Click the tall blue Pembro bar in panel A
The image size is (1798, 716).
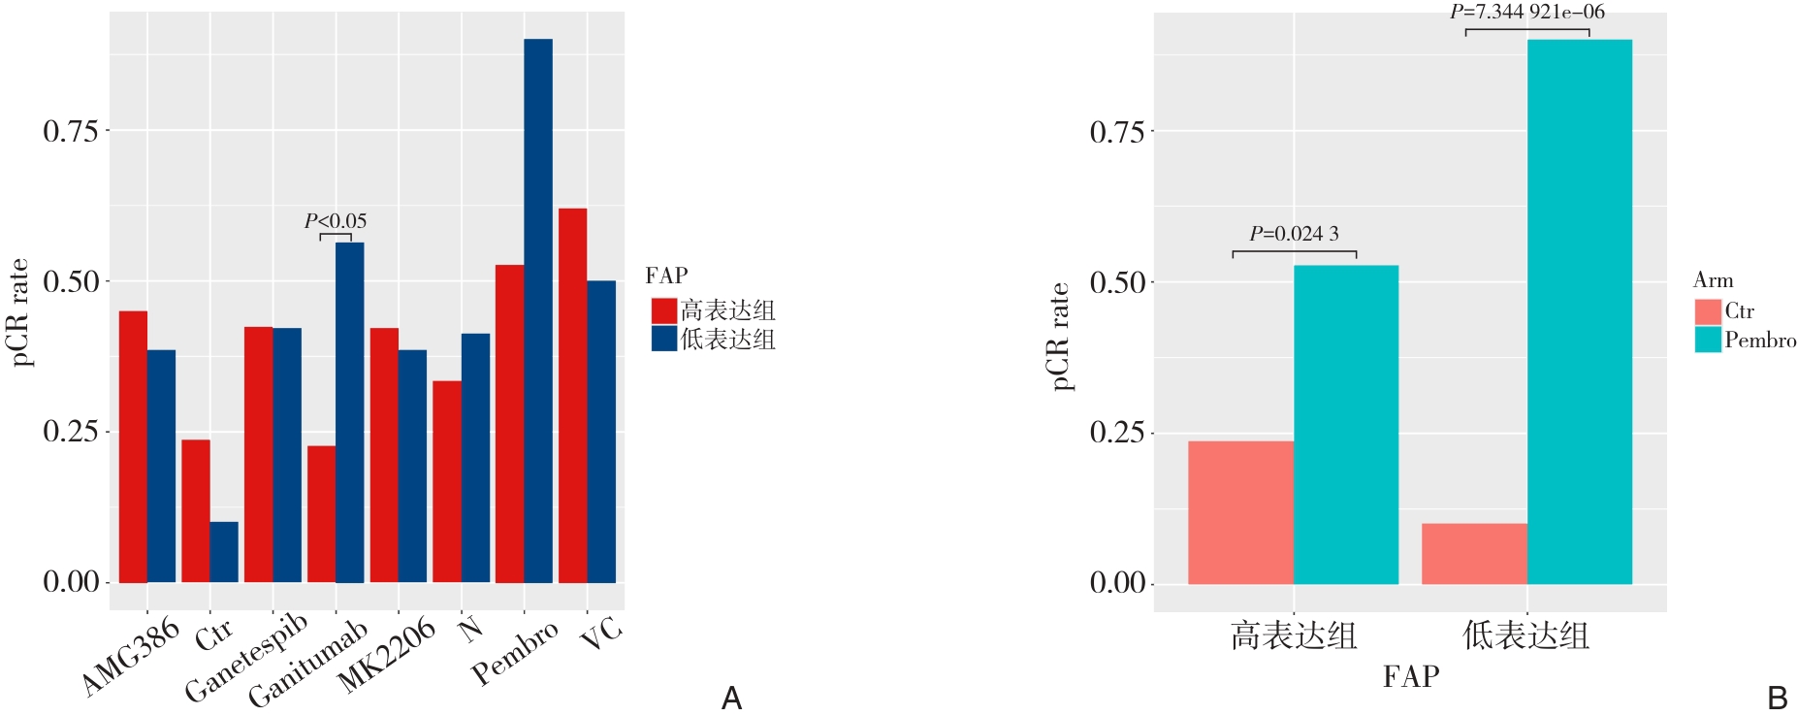tap(538, 310)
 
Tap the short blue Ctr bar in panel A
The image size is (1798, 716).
tap(224, 552)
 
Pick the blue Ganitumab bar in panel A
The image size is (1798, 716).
tap(350, 412)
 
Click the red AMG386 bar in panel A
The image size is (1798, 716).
tap(133, 446)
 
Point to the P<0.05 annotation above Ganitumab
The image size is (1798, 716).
tap(336, 221)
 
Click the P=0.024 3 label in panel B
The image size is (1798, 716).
tap(1294, 234)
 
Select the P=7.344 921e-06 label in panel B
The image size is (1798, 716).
tap(1527, 13)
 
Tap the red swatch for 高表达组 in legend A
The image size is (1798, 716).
tap(663, 310)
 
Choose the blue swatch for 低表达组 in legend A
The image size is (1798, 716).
tap(663, 339)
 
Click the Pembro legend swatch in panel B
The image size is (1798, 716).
tap(1708, 340)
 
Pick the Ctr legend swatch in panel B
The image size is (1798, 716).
tap(1708, 311)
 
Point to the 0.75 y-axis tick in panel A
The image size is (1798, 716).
tap(71, 131)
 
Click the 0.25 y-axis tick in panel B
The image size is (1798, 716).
tap(1117, 433)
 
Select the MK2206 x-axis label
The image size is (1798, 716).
tap(386, 656)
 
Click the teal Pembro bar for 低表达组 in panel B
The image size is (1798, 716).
tap(1579, 310)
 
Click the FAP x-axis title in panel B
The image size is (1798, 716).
tap(1411, 676)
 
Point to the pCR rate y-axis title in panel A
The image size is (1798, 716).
tap(19, 312)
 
